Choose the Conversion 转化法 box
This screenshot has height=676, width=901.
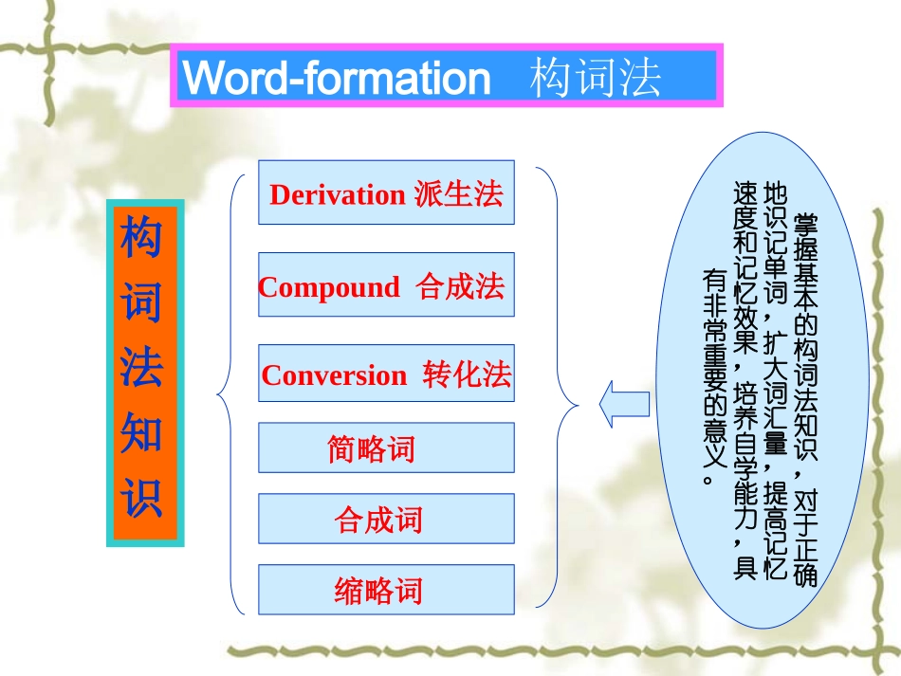(386, 374)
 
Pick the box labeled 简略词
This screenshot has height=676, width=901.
(386, 448)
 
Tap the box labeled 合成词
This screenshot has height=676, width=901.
(386, 519)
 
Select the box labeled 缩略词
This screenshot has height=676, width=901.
(386, 590)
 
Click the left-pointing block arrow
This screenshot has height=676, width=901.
(624, 405)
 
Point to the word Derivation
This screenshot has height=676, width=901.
(337, 194)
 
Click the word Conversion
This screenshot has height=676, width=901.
(334, 375)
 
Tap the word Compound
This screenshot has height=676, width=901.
(329, 287)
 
